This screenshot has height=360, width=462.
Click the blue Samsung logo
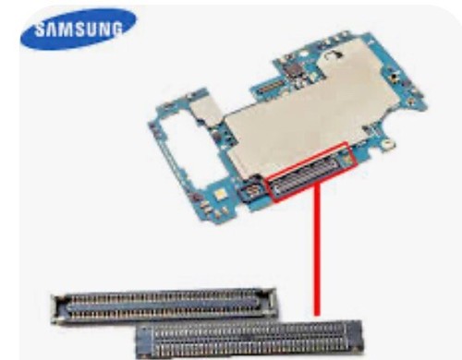[79, 29]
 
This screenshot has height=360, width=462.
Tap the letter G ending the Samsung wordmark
[115, 29]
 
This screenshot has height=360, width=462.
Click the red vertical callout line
[317, 249]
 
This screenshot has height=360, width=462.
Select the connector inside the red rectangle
[309, 176]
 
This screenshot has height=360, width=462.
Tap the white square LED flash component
[220, 194]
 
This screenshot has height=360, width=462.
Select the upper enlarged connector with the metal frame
[164, 306]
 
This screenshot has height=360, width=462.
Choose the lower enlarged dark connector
[249, 340]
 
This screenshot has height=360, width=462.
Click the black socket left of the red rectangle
[253, 191]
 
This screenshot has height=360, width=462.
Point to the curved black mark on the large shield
[335, 54]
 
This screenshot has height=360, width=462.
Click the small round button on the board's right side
[394, 78]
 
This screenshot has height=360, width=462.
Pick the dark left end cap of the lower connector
[145, 340]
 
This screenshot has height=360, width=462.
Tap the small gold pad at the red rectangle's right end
[346, 159]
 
